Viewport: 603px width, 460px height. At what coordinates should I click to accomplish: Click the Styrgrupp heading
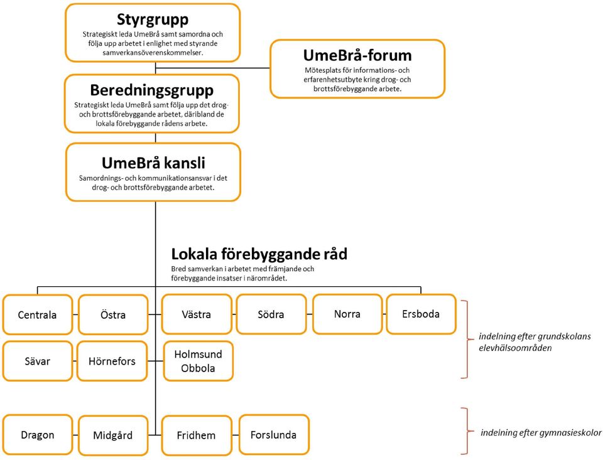tap(153, 19)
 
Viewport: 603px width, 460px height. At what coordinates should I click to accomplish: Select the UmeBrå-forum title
tap(357, 55)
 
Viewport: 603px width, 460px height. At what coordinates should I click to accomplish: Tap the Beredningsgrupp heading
tap(151, 90)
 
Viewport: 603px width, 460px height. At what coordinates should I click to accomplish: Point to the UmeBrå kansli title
tap(153, 163)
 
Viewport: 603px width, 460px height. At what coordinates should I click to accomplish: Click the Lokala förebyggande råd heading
tap(259, 254)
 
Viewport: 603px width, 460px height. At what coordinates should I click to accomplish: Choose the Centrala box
tap(37, 314)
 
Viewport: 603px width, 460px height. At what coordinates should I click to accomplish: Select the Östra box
tap(113, 314)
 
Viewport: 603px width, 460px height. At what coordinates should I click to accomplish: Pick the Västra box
tap(197, 314)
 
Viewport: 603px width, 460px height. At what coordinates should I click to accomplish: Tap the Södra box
tap(271, 314)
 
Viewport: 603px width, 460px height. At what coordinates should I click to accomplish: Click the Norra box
tap(347, 314)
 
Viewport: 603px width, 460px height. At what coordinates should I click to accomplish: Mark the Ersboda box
tap(421, 314)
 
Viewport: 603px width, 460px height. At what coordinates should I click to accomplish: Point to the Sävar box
tap(37, 361)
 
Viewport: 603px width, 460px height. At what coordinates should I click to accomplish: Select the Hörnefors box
tap(112, 361)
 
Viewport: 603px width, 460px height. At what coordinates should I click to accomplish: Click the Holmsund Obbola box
tap(198, 361)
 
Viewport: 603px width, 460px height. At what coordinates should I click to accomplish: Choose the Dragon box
tap(37, 435)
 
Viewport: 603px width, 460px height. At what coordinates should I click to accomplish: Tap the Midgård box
tap(113, 435)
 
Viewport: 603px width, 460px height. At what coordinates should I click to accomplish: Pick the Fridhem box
tap(197, 435)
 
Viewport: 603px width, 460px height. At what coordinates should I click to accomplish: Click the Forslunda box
tap(274, 435)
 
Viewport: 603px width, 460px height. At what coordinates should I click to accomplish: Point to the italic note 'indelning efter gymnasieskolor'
tap(541, 433)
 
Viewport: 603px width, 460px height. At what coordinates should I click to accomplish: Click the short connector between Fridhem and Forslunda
tap(236, 435)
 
